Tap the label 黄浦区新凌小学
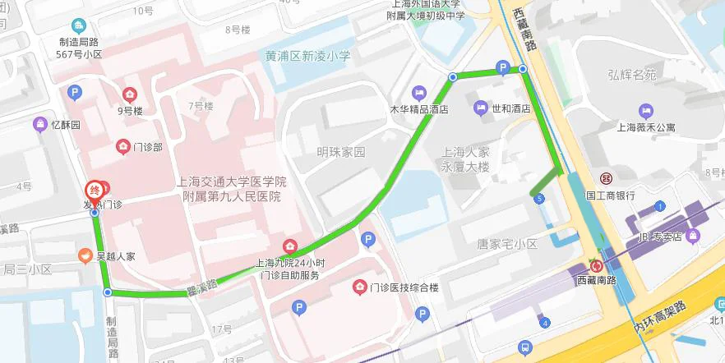pos(308,56)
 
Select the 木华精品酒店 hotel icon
pos(420,91)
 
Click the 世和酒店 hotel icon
pos(481,108)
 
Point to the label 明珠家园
pos(341,152)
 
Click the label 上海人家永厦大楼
pos(465,159)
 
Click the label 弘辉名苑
pos(632,76)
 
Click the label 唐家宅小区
pos(506,244)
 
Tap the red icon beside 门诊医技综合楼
pos(359,287)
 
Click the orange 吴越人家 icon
pos(85,256)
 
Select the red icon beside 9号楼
pos(129,94)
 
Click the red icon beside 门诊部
pos(122,147)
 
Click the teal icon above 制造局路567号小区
pos(78,25)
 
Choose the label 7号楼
pos(201,106)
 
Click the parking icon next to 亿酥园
pos(75,93)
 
